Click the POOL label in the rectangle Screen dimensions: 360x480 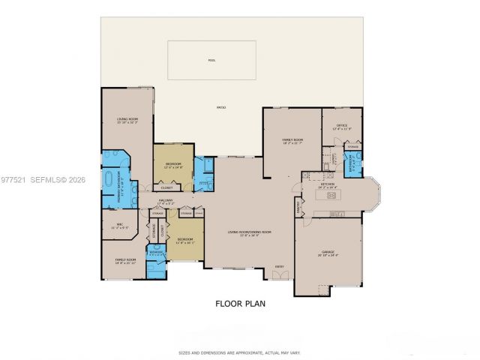(x=211, y=59)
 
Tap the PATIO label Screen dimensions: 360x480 (x=221, y=108)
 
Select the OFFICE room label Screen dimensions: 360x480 (x=341, y=125)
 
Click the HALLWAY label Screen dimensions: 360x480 (x=166, y=200)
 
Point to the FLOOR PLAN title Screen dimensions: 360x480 (x=240, y=304)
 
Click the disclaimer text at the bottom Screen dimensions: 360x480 (x=240, y=352)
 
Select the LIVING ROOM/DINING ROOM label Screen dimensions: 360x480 (x=249, y=233)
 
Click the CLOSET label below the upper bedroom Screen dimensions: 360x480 (x=166, y=187)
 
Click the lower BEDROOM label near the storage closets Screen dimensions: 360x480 (x=184, y=241)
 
